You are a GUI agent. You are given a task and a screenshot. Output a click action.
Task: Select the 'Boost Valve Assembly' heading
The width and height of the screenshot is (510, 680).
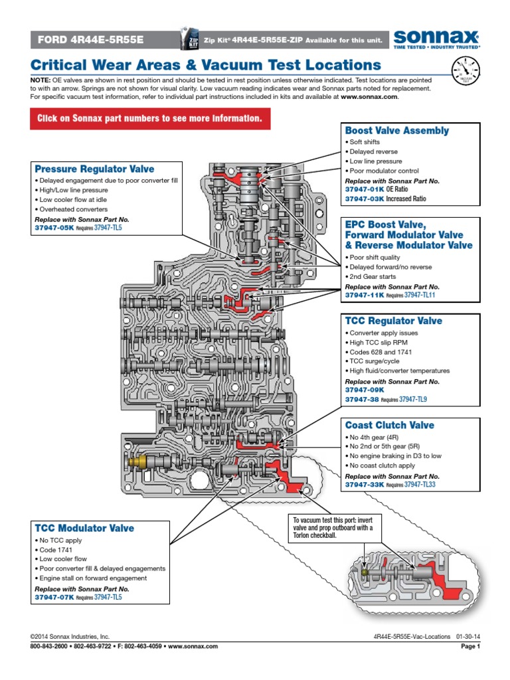coord(396,131)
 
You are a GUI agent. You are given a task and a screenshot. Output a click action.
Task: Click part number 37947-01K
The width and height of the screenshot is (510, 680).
coord(365,189)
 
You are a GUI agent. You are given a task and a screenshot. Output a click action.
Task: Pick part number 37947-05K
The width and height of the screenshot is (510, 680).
coord(54,227)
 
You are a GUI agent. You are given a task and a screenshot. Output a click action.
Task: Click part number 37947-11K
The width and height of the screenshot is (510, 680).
coord(365,295)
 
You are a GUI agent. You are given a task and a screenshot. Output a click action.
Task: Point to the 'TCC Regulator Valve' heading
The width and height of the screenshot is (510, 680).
coord(393,321)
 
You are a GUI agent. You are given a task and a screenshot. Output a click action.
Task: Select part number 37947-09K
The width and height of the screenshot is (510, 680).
coord(365,390)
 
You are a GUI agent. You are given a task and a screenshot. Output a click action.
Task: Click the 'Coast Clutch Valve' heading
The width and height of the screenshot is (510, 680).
coord(389,425)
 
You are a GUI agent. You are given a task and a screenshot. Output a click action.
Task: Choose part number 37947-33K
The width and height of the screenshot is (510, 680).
coord(365,485)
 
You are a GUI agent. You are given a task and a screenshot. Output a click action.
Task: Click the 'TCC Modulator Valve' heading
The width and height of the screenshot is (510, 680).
coord(84,528)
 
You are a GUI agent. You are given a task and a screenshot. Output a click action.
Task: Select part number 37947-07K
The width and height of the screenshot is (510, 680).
coord(54,598)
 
